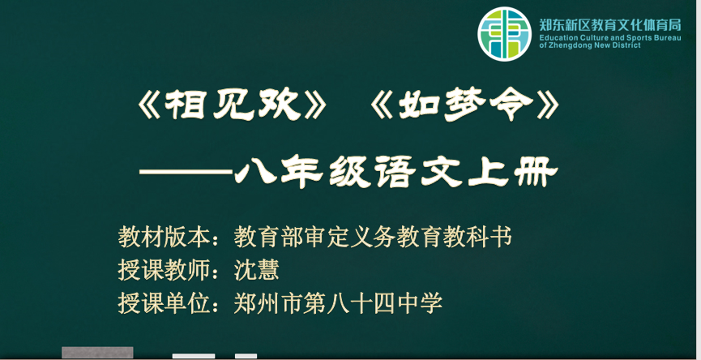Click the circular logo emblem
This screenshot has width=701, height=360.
504,34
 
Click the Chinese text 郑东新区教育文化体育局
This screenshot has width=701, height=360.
610,24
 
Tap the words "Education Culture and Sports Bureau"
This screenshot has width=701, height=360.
610,37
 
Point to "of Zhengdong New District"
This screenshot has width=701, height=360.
590,45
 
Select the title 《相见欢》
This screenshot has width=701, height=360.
233,105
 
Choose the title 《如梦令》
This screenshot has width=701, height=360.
465,105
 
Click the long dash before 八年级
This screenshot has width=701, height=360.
186,172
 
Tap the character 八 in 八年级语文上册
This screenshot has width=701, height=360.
256,171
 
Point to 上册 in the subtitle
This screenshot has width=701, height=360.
512,172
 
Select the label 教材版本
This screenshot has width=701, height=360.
164,237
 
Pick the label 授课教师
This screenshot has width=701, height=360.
164,270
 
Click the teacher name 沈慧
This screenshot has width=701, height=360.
257,270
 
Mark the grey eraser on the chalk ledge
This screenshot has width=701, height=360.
97,353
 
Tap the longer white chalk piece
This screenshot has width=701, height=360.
194,356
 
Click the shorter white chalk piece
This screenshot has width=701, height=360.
246,356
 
